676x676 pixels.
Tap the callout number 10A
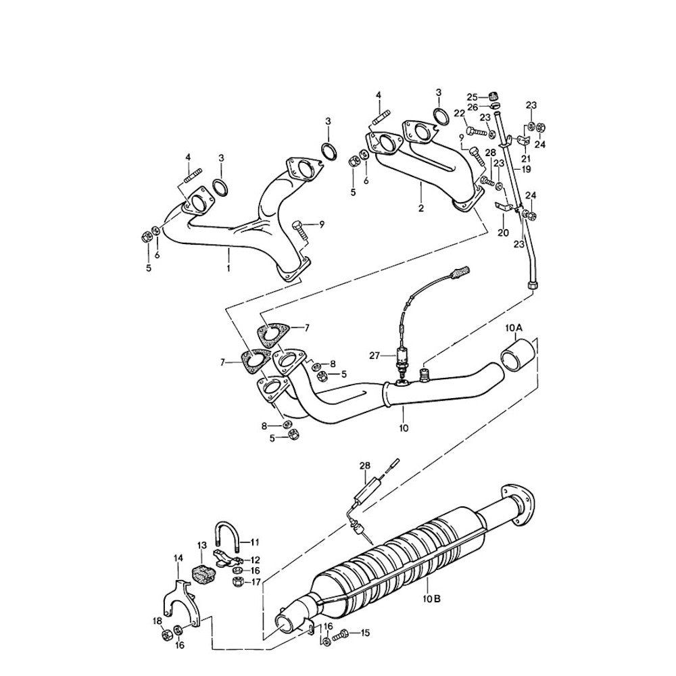coord(514,329)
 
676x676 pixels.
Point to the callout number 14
coord(178,558)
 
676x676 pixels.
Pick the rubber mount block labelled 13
coord(202,573)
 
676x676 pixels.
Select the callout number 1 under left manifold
coord(228,268)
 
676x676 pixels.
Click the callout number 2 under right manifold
coord(420,209)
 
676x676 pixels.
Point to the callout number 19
coord(526,169)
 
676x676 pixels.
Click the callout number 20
coord(502,233)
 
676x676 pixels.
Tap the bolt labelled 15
coord(344,633)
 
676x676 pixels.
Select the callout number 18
coord(157,621)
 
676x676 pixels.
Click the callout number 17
coord(256,581)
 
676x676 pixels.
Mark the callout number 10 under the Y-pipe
coord(404,428)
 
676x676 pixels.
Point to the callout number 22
coord(459,113)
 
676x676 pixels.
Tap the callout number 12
coord(256,560)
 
